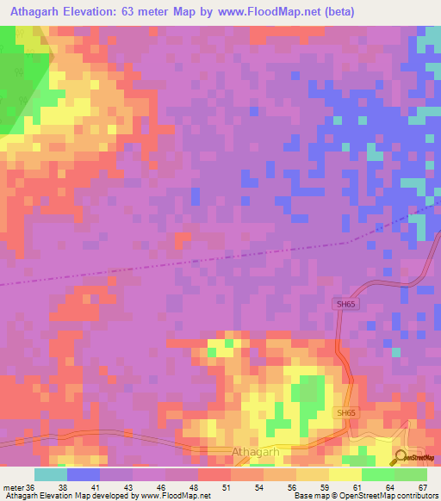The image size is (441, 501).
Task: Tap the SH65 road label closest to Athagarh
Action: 345,413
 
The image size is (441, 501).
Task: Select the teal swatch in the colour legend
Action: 51,475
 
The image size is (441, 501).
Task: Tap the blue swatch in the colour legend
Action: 84,475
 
